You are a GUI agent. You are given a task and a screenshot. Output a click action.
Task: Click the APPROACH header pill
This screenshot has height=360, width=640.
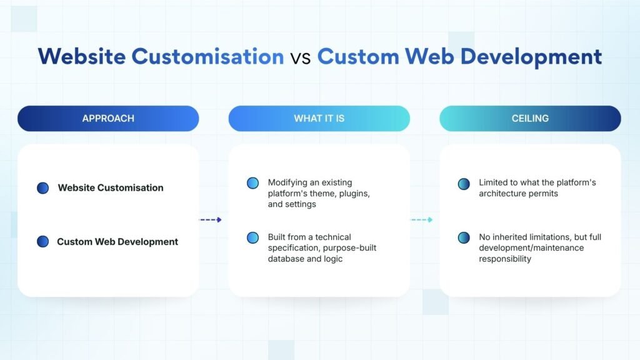coord(108,118)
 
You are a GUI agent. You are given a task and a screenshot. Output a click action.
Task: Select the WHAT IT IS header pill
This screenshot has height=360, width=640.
coord(319,118)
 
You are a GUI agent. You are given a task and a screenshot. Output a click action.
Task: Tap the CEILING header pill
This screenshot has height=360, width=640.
coord(530,118)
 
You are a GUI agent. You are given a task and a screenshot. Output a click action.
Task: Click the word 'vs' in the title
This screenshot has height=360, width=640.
coord(301,58)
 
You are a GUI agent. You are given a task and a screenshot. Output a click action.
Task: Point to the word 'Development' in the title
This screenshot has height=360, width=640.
coord(531,57)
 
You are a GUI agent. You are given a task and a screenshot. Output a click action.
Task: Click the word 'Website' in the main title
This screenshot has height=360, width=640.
coord(82,56)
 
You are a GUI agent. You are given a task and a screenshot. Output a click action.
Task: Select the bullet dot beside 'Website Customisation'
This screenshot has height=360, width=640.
coord(43,187)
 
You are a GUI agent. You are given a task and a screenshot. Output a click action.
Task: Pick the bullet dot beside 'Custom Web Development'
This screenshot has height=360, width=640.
coord(43,242)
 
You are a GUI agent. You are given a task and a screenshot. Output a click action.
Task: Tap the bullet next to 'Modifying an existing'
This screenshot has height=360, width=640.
coord(252,183)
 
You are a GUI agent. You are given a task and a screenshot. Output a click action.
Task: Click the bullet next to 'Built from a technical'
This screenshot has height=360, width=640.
coord(252,237)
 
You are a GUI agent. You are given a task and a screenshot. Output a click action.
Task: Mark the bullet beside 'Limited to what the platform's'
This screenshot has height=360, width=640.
coord(464,184)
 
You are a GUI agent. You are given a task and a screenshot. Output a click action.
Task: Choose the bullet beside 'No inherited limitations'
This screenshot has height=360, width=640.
coord(464,237)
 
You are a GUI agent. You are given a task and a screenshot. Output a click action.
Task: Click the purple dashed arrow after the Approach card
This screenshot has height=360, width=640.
coord(211,219)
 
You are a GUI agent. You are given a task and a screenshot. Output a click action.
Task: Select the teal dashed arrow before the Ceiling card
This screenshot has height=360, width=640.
coord(422,219)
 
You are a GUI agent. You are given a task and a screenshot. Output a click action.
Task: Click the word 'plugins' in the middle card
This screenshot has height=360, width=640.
coord(355,194)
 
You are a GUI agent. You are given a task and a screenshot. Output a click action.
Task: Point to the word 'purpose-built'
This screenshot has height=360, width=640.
coord(350,247)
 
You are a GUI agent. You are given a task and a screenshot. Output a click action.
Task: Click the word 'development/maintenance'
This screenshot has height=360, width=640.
coord(531,247)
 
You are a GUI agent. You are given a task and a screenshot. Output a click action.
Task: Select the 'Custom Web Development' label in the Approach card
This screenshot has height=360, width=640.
coord(117,242)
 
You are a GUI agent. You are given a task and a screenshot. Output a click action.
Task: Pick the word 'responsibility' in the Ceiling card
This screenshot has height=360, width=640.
coord(505,259)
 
